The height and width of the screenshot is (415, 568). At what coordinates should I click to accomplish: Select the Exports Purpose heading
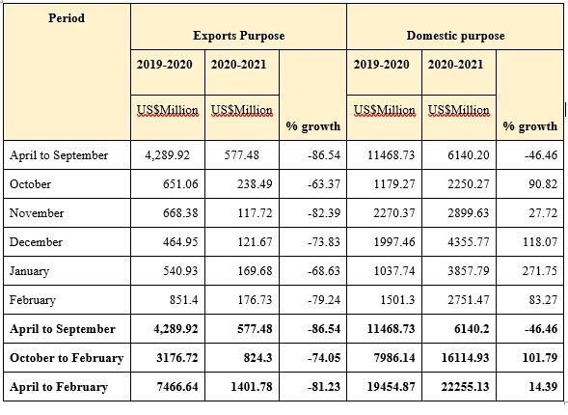pos(238,36)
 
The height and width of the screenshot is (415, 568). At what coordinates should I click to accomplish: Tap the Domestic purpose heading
pos(455,36)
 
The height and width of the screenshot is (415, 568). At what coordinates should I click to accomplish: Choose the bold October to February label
pos(67,358)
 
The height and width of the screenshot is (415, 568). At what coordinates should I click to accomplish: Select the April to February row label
pos(58,387)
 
